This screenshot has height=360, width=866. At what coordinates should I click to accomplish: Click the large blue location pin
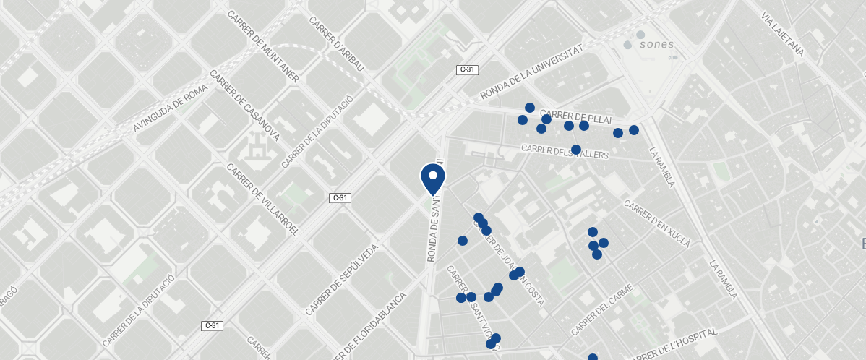432,179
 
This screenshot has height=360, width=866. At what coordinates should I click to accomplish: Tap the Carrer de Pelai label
575,116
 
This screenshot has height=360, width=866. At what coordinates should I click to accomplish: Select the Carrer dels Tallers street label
565,152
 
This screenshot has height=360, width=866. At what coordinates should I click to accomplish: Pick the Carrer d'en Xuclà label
657,224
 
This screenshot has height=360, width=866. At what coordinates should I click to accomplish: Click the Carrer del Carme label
601,309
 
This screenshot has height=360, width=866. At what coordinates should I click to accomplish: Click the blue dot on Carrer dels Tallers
576,150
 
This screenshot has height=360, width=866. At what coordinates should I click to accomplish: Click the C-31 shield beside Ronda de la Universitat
467,69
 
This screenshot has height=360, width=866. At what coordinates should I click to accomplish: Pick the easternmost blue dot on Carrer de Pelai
634,130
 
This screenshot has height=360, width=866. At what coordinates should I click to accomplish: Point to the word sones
656,44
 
